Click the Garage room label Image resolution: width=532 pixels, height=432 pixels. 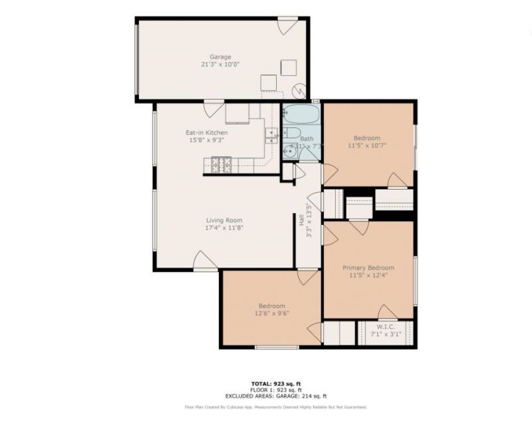220,57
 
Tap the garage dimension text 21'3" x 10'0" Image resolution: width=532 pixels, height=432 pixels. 220,65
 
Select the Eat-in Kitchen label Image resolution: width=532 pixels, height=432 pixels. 206,133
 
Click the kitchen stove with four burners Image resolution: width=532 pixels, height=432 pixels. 221,163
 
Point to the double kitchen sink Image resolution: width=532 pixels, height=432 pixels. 271,135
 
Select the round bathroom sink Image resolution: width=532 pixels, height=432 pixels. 290,152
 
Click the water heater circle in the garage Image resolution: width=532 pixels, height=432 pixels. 300,90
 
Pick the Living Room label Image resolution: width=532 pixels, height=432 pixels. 223,220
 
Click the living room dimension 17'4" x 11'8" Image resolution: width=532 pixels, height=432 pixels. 223,228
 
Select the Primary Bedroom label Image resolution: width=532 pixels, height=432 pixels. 368,268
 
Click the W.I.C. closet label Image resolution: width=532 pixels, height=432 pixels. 386,327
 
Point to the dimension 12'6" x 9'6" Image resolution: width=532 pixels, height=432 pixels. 271,314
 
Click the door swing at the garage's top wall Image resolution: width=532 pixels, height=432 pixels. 287,26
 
